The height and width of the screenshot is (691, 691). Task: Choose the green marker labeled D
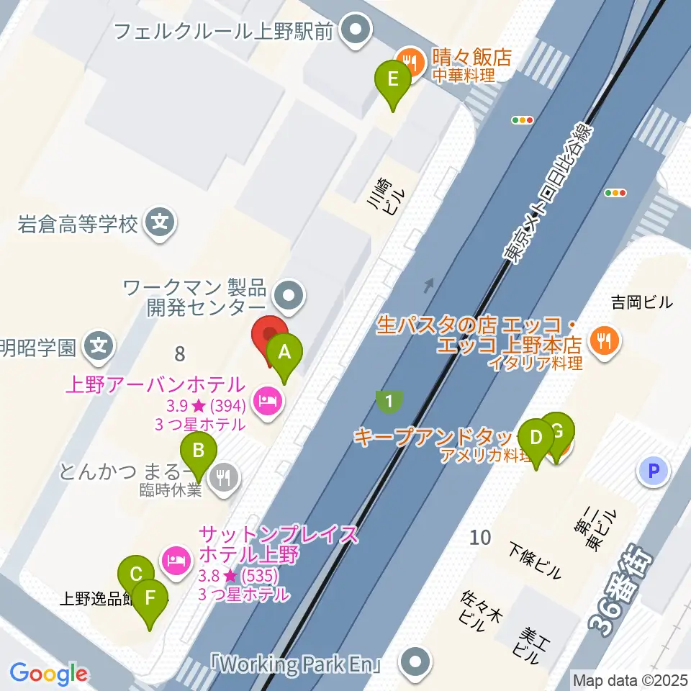pyautogui.click(x=536, y=438)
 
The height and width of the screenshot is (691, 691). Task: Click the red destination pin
pyautogui.click(x=270, y=335)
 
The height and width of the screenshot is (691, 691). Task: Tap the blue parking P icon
pyautogui.click(x=653, y=471)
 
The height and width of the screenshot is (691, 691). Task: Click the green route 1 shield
pyautogui.click(x=389, y=402)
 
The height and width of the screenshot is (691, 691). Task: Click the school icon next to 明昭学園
pyautogui.click(x=99, y=348)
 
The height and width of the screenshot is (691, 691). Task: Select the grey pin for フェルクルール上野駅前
pyautogui.click(x=355, y=32)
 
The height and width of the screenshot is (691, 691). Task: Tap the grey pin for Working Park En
pyautogui.click(x=415, y=661)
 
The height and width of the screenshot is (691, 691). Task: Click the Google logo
pyautogui.click(x=48, y=674)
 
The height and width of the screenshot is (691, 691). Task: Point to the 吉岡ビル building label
pyautogui.click(x=641, y=302)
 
